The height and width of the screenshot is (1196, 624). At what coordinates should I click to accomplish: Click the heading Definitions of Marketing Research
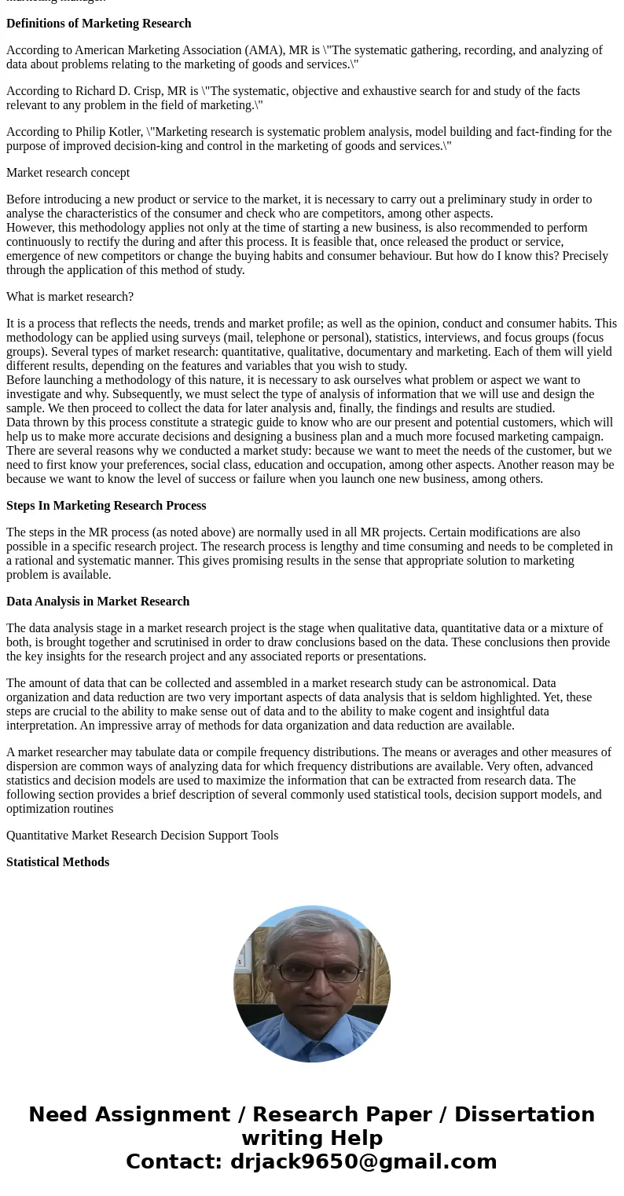coord(99,24)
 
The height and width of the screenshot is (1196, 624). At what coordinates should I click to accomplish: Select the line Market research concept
coord(68,173)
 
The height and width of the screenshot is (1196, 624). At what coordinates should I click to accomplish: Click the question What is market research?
coord(70,297)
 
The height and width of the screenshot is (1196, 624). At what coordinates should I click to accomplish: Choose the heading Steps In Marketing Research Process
coord(106,506)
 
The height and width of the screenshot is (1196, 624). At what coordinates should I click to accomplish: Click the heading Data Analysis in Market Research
coord(98,602)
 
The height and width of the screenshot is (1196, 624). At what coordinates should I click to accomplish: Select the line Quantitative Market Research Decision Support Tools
coord(142,836)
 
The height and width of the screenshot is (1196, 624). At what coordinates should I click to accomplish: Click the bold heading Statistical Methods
coord(58,862)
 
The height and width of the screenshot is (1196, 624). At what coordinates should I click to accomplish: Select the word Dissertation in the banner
coord(524,1114)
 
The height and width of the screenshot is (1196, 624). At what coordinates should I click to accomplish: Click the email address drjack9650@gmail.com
coord(363,1161)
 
